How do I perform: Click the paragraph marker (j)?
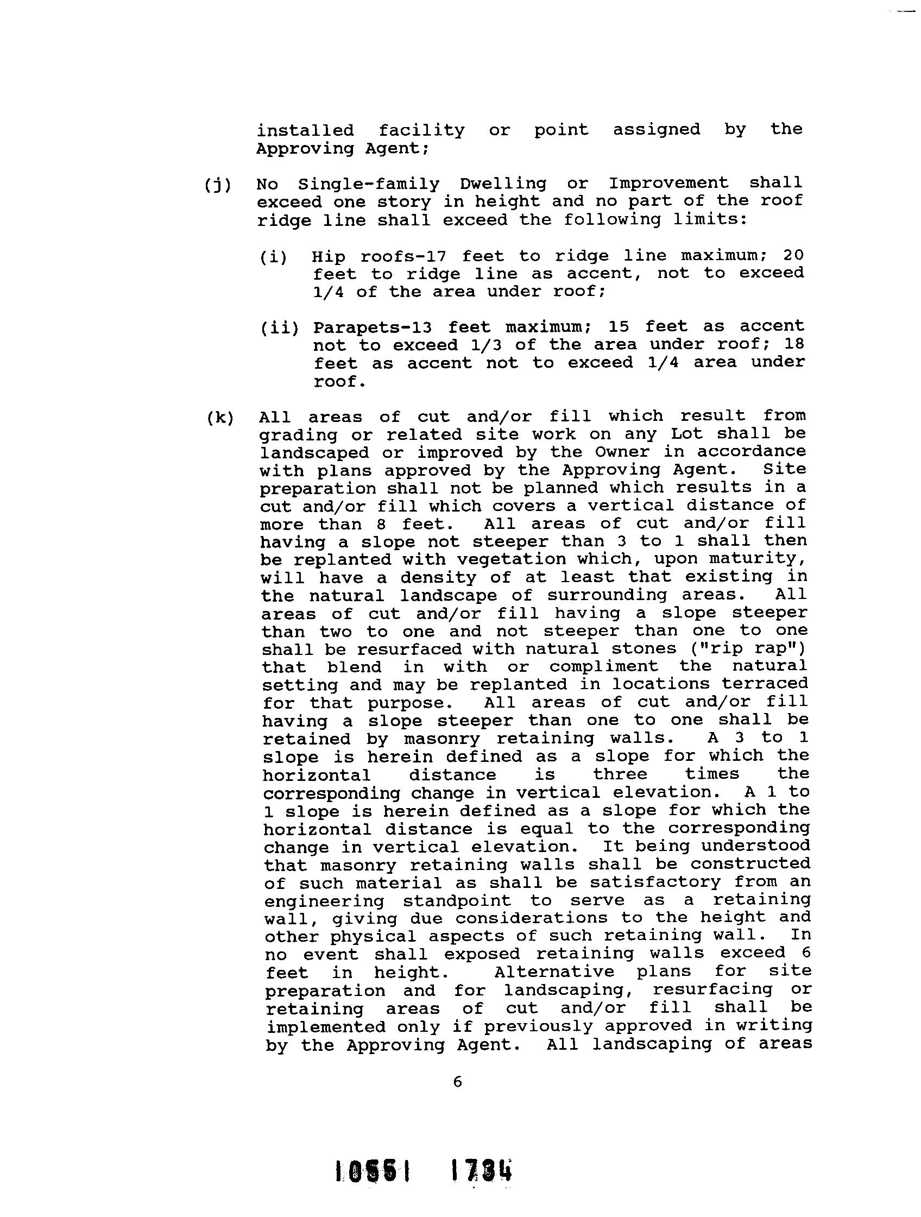[218, 185]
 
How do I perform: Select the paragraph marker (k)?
[220, 418]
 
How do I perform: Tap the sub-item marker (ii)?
[280, 329]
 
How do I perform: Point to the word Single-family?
[369, 184]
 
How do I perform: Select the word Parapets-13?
[372, 328]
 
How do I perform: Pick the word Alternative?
[554, 972]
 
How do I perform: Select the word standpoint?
[457, 901]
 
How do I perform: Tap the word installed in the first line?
[305, 131]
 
